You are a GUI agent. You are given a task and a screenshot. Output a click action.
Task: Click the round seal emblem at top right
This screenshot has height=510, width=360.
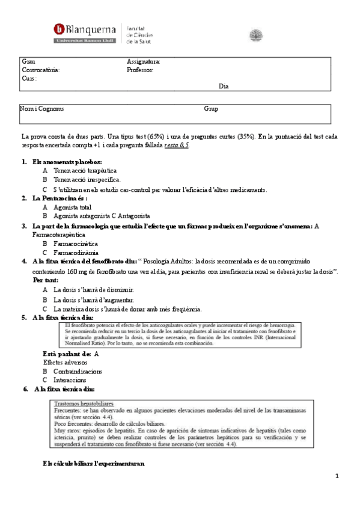coord(256,34)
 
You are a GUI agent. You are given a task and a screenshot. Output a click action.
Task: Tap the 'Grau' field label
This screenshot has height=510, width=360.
coord(28,62)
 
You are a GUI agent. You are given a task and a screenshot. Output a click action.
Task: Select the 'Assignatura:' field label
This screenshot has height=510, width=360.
coord(144,62)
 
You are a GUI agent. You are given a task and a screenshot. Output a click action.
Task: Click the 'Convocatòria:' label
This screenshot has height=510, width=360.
coord(41,70)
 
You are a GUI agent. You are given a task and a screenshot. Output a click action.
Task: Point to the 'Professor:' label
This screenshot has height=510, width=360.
coord(140,70)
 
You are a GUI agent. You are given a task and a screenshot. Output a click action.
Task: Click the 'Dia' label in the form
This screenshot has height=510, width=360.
coord(224,87)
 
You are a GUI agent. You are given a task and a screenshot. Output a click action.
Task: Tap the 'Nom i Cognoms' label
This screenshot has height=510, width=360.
coord(42,109)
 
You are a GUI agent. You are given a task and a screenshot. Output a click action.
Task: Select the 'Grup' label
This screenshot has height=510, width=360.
coord(211,109)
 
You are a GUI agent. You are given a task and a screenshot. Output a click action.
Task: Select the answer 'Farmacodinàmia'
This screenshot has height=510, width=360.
coord(76,253)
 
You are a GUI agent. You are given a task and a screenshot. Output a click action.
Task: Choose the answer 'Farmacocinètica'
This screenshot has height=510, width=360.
coord(77,244)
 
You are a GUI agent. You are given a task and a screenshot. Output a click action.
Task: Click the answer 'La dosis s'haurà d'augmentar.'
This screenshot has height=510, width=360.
coord(94,300)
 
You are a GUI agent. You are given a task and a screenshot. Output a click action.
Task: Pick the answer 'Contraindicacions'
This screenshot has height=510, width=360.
coord(78,371)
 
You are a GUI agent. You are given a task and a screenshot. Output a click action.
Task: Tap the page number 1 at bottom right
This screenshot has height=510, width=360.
coord(338,476)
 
